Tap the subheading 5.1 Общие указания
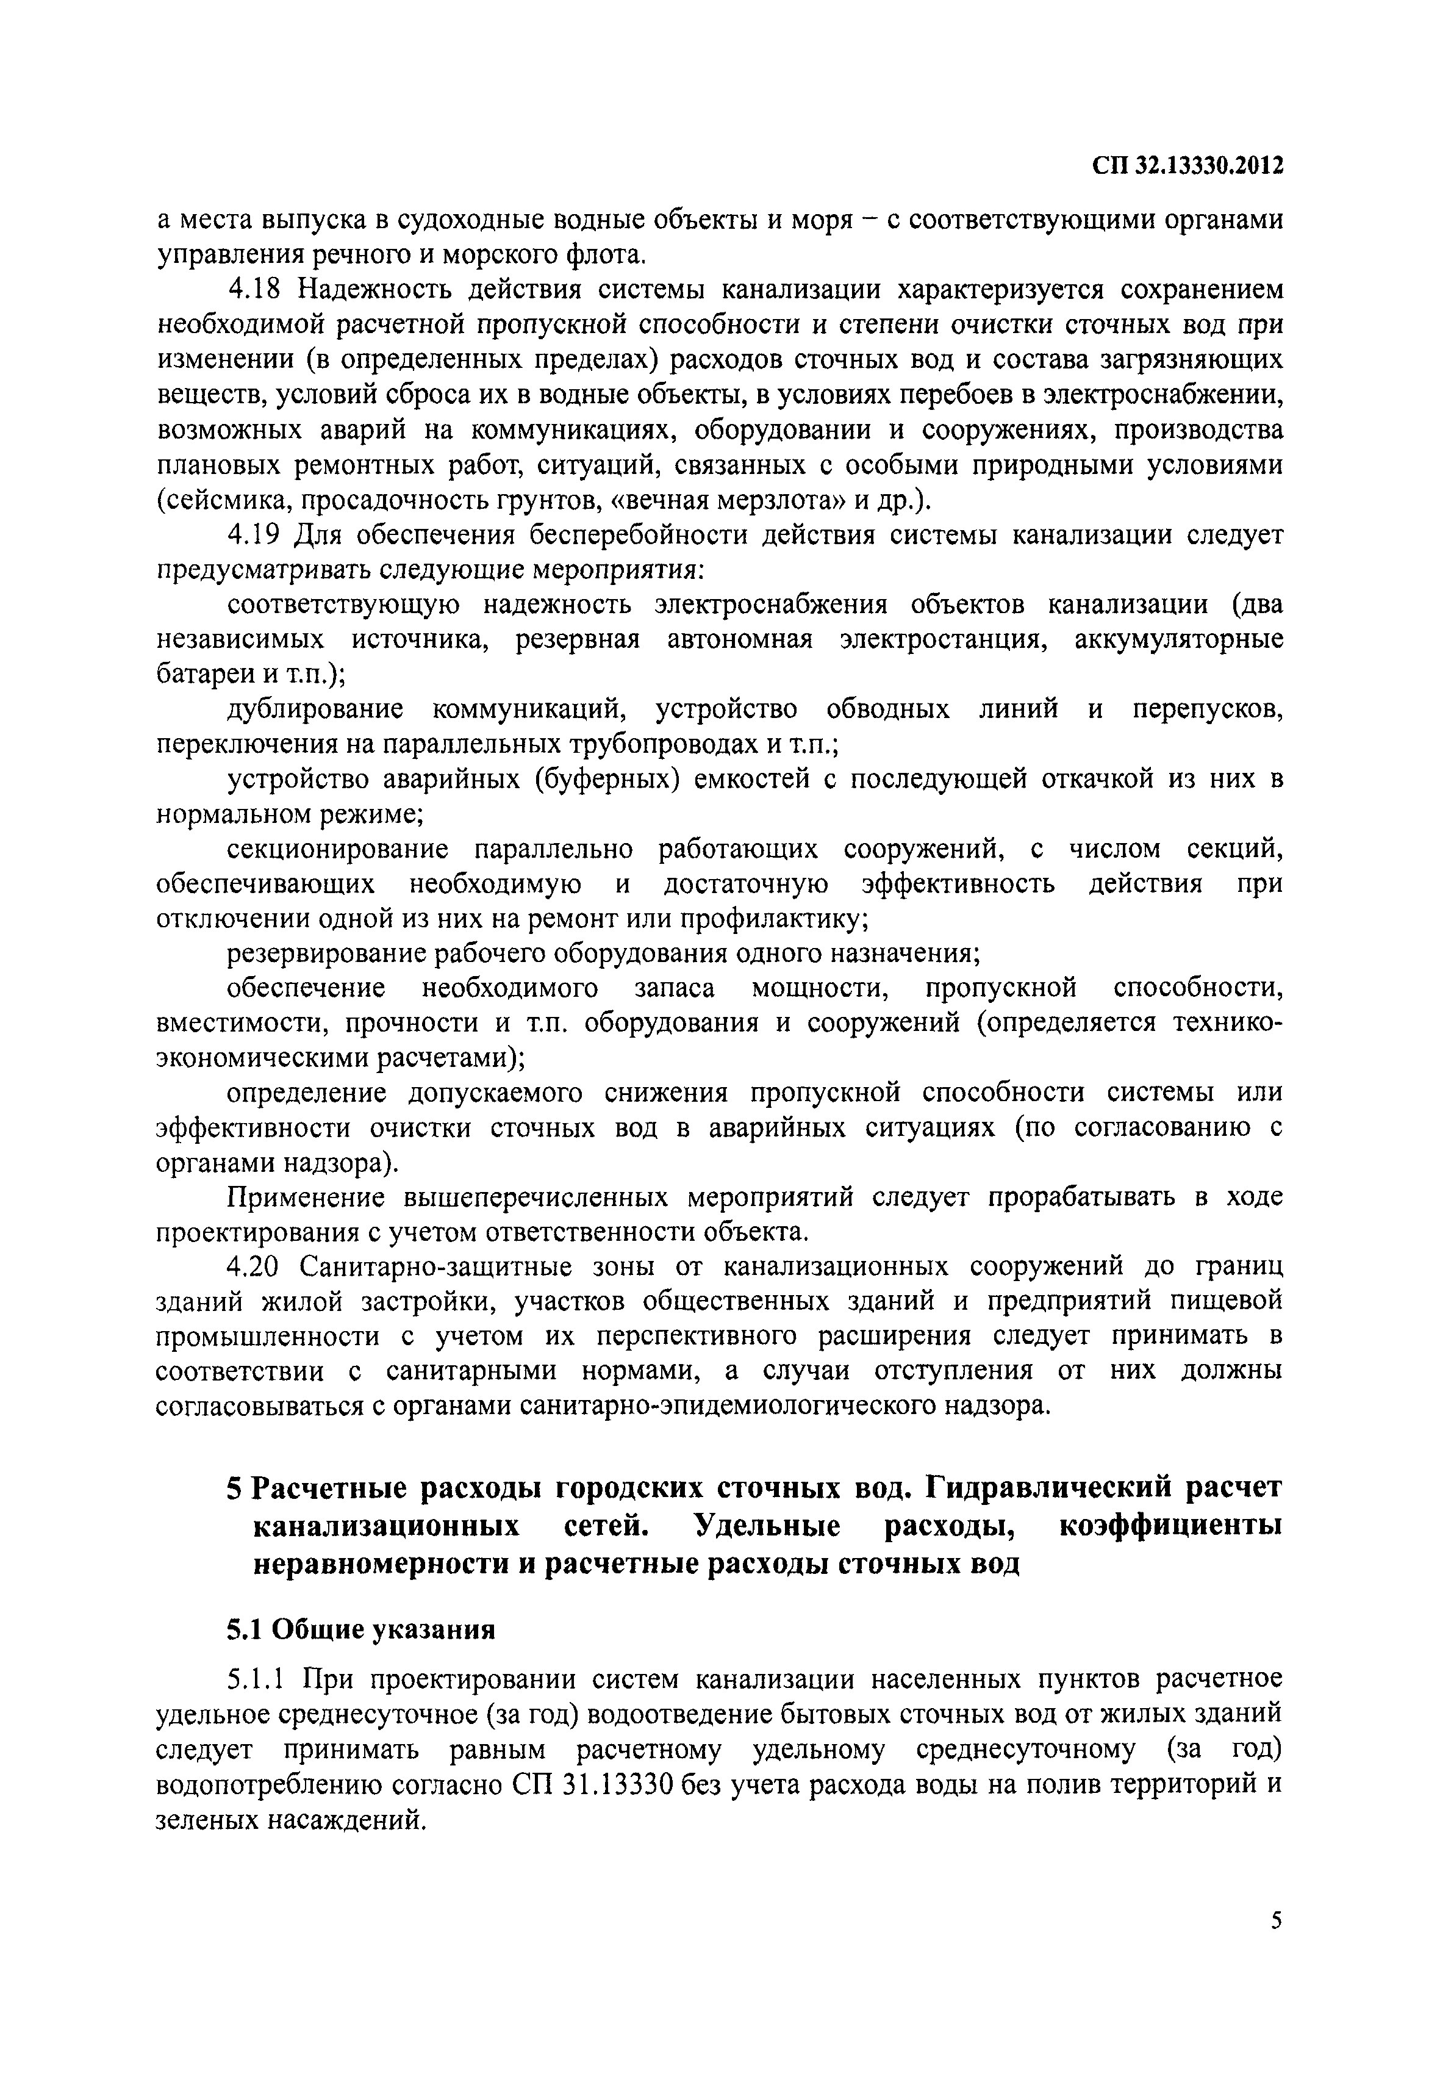(x=361, y=1629)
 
